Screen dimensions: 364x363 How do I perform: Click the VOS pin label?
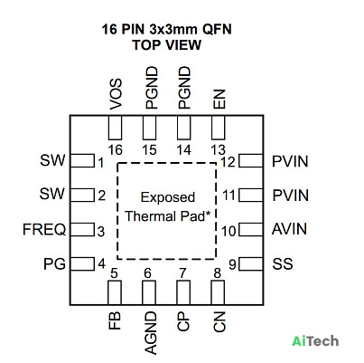116,94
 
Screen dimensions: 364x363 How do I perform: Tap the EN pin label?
219,100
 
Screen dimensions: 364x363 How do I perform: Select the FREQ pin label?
44,229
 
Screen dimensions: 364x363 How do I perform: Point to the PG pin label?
54,264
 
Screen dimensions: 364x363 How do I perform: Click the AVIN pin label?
290,229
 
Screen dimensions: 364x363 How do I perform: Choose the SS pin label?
283,263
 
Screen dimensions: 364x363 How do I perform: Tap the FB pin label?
115,320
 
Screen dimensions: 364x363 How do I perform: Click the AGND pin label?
151,333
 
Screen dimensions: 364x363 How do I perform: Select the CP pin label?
183,321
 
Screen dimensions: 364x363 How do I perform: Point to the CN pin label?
219,321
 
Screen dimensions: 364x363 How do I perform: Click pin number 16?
116,150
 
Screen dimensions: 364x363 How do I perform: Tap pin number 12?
228,162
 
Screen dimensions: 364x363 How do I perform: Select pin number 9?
232,264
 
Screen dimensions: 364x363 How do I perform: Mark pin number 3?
101,232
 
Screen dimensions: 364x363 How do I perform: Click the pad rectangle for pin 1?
82,160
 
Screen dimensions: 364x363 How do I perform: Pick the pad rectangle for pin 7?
183,292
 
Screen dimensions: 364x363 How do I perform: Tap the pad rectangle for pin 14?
184,128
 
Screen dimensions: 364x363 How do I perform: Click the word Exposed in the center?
168,197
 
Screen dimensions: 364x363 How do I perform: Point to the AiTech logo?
315,341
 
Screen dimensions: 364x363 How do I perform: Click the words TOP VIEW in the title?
167,45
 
